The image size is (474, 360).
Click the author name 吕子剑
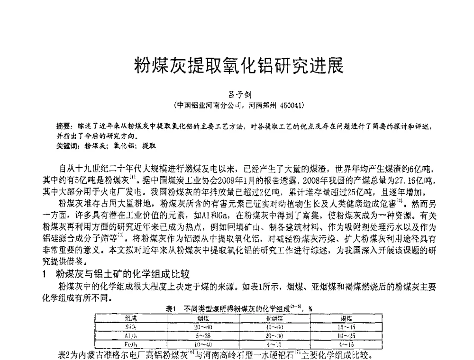237,95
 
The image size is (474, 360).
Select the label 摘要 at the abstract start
63,126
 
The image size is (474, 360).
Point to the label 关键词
66,145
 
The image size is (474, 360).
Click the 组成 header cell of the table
131,318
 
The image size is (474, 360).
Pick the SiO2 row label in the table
131,327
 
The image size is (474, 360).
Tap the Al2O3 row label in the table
131,335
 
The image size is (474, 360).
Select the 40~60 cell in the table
274,327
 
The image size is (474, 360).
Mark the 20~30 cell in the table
274,335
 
